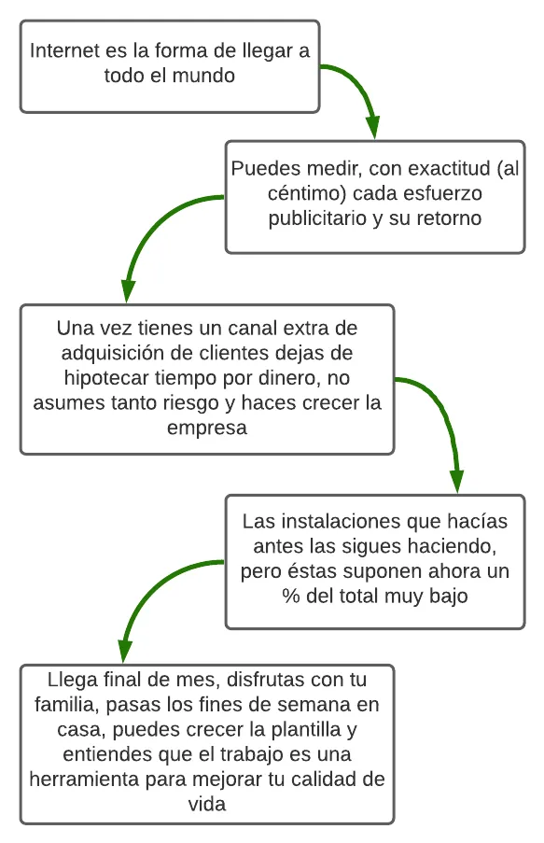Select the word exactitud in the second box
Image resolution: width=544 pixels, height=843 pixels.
click(x=450, y=168)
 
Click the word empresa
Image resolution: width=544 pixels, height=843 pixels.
click(x=207, y=428)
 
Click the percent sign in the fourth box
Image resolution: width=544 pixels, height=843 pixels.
click(x=291, y=596)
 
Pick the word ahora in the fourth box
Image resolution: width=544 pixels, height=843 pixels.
click(x=454, y=571)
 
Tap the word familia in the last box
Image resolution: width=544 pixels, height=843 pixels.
click(x=66, y=704)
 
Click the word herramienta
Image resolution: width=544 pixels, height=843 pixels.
click(x=84, y=779)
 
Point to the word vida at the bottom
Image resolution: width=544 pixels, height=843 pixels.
click(x=207, y=805)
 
